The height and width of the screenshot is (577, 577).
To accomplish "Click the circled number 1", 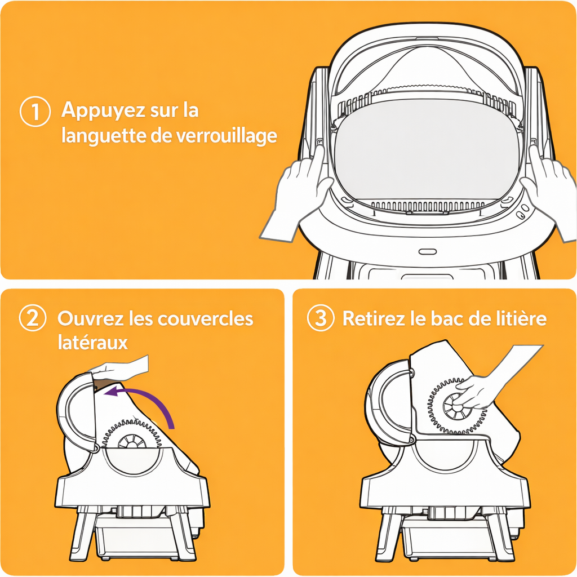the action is coord(35,111).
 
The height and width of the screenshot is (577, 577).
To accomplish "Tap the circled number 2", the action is coord(32,318).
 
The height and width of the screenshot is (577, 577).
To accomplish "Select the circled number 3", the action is coord(321,318).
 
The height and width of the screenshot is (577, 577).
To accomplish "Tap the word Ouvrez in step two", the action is coord(90,318).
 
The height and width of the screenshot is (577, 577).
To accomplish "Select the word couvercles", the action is coord(205,318).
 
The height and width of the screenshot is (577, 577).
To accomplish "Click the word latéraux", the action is coord(93,342).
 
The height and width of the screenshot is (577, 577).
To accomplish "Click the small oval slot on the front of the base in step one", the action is coord(428,252).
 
